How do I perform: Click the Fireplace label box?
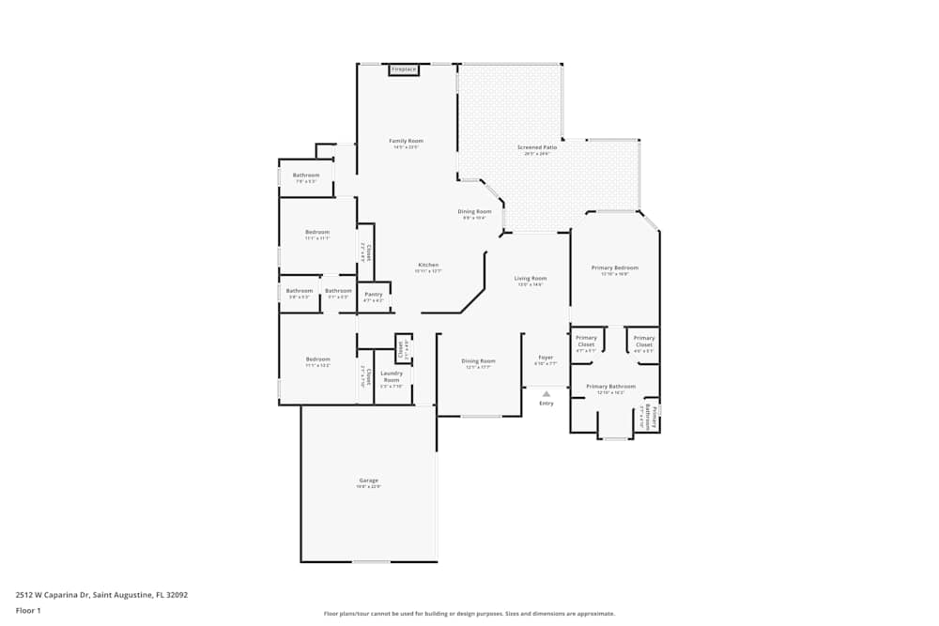click(x=404, y=69)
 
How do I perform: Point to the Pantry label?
click(x=374, y=295)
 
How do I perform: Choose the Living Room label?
click(x=531, y=278)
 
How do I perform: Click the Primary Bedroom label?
click(x=615, y=267)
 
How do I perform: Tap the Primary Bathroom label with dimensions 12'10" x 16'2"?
click(x=610, y=386)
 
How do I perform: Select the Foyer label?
click(x=546, y=358)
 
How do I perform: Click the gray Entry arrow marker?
click(x=546, y=394)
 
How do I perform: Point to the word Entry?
click(x=546, y=404)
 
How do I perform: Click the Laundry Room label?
click(x=392, y=376)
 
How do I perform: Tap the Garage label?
click(x=368, y=481)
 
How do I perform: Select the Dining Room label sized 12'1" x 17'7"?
click(x=478, y=361)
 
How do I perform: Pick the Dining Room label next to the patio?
click(x=474, y=212)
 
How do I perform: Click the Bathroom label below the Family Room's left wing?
click(x=306, y=176)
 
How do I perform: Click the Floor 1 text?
click(x=28, y=610)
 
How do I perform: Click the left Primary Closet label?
click(x=586, y=342)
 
